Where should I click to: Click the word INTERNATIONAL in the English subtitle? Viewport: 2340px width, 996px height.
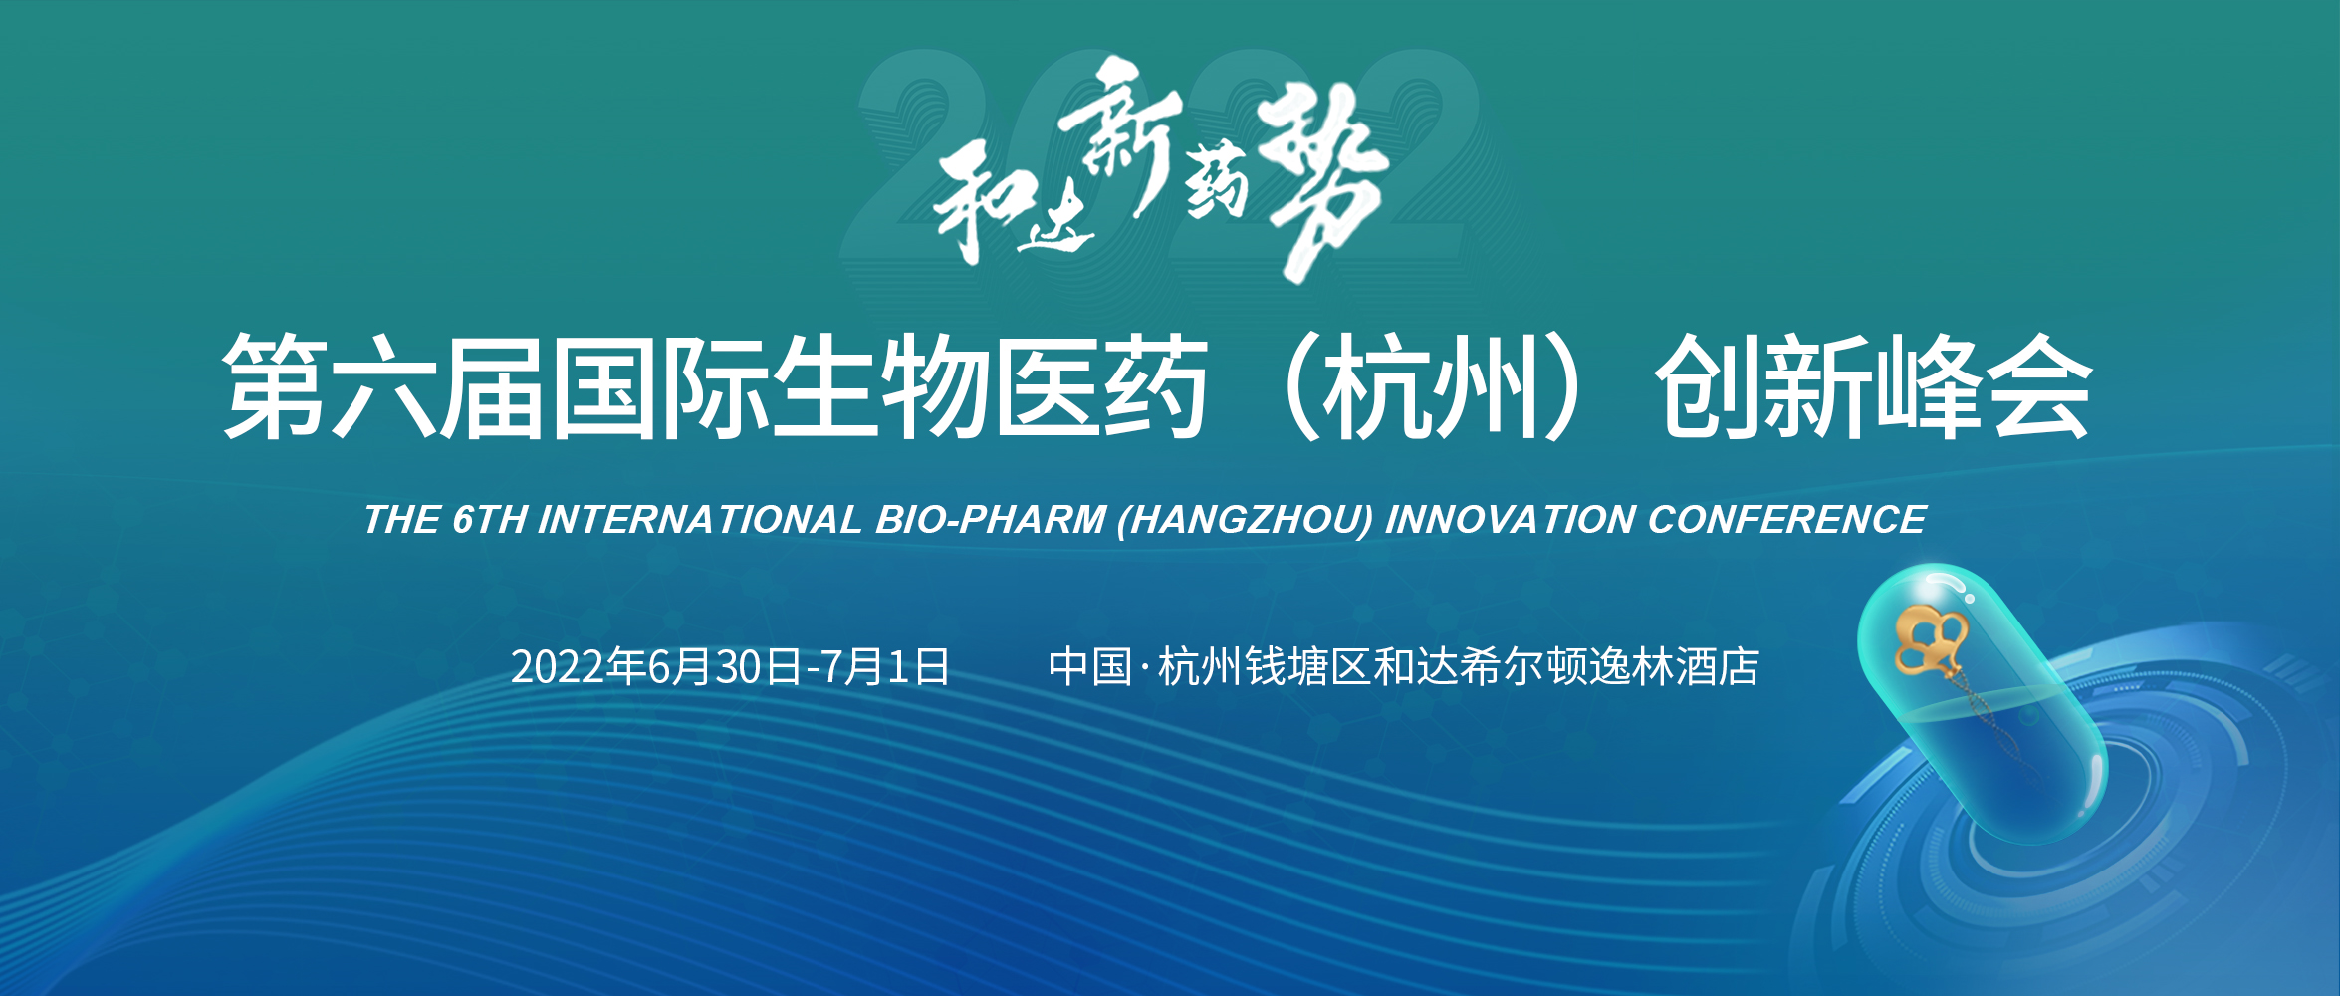point(699,520)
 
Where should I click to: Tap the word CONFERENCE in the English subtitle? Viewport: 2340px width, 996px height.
point(1786,520)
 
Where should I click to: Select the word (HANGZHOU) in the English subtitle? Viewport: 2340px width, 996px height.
point(1245,520)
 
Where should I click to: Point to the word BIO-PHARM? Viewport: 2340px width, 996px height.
point(991,520)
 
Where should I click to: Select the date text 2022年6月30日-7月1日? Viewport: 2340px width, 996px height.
point(730,666)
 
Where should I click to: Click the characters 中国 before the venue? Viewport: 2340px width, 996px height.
point(1090,666)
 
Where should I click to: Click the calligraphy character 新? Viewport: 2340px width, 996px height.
point(1120,129)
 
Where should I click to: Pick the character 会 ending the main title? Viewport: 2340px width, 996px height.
point(2038,386)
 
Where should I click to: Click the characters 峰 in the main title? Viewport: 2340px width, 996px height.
point(1929,386)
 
